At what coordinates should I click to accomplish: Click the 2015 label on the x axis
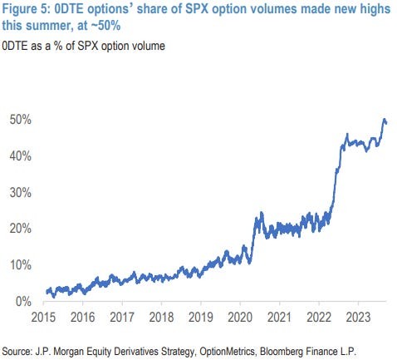coord(43,317)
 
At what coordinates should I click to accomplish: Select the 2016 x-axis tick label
coord(82,317)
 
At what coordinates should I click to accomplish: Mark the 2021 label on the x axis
coord(279,317)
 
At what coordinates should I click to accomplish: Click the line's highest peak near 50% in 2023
coord(385,120)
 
